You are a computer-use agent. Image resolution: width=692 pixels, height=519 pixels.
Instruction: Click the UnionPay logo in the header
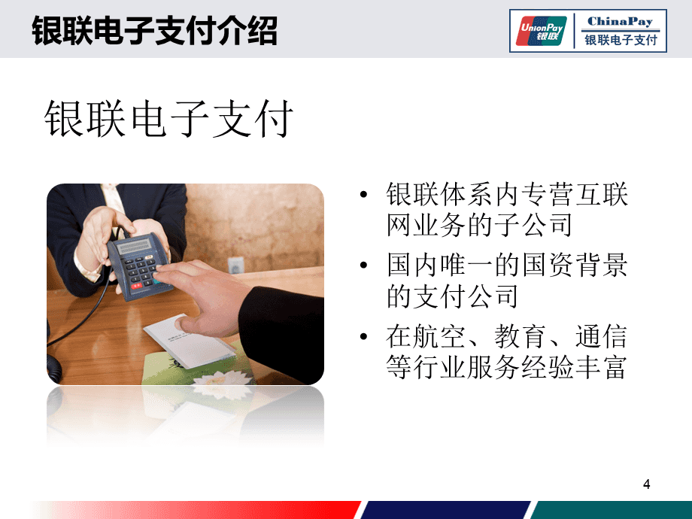tap(542, 29)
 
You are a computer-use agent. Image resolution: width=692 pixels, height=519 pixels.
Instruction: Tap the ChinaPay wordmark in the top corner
tap(621, 22)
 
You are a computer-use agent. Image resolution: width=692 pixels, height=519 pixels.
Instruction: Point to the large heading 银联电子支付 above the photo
tap(168, 118)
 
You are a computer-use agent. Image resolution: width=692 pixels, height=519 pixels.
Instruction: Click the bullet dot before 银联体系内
tap(365, 196)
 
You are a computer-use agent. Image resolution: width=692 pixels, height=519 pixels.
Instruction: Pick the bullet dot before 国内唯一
tap(365, 266)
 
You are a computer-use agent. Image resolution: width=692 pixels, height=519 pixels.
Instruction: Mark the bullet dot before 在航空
tap(365, 335)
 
